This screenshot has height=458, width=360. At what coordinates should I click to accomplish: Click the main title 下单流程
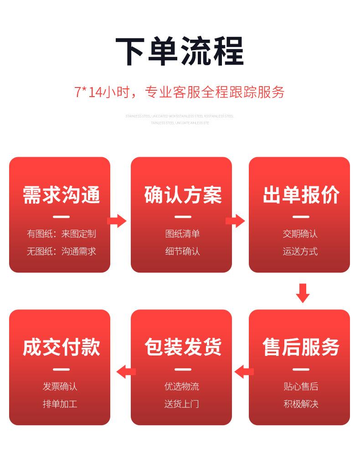[180, 51]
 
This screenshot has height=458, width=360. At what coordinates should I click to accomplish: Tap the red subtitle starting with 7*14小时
[180, 92]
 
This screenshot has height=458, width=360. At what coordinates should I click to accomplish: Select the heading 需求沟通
[61, 195]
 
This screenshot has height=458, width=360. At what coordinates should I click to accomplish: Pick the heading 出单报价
[301, 195]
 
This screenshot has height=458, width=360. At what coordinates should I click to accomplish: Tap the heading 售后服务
[301, 347]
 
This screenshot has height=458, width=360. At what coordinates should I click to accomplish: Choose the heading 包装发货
[183, 347]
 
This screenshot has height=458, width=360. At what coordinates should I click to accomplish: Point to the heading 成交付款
[61, 347]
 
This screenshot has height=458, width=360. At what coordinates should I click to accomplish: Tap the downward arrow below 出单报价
[303, 293]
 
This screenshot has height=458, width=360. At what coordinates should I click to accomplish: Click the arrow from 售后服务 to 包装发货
[244, 372]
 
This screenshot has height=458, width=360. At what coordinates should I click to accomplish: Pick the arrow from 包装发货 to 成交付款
[126, 372]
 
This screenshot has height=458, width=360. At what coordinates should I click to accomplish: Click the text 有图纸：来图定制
[61, 234]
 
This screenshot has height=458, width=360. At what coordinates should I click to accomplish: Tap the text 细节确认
[182, 252]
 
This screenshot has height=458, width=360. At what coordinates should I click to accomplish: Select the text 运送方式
[300, 252]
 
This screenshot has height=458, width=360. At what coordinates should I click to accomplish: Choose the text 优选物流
[182, 386]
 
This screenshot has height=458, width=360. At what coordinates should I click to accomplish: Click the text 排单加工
[60, 404]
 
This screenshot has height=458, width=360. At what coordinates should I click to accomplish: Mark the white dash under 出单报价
[301, 217]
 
